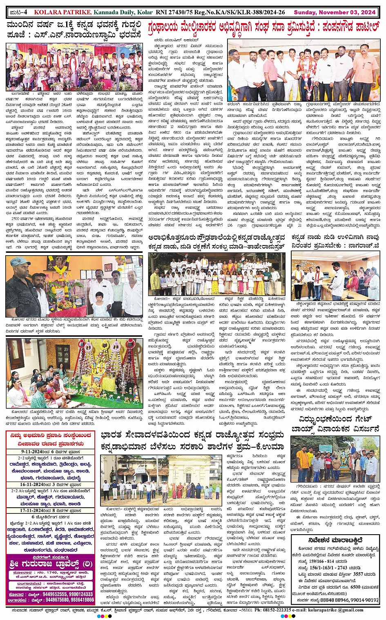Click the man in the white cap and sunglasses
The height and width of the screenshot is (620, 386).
[20, 286]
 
